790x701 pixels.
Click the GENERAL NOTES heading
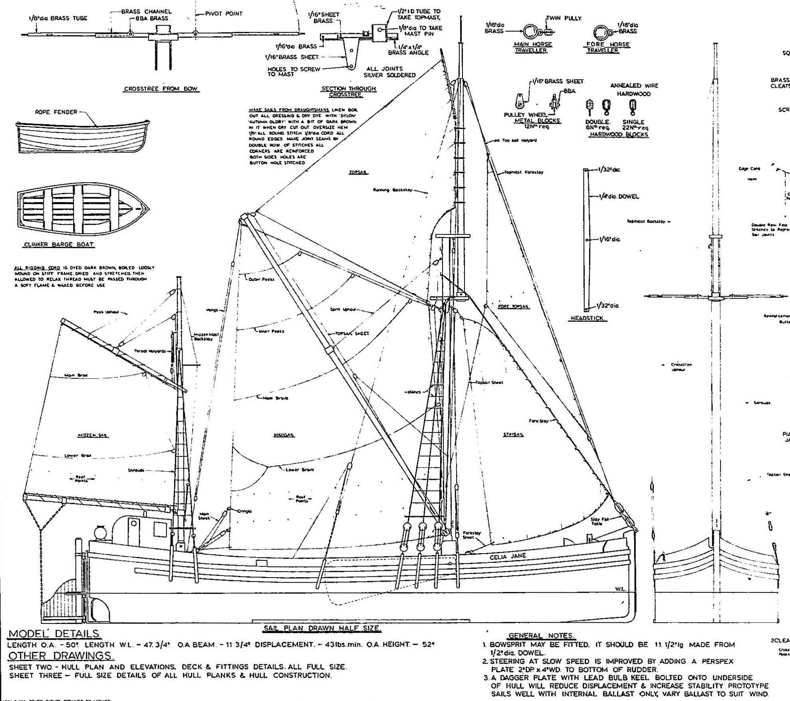pos(541,636)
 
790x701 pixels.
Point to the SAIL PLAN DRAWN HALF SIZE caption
pos(322,628)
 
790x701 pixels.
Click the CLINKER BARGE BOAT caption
pos(60,245)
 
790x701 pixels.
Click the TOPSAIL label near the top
pos(358,173)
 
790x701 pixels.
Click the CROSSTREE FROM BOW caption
pos(161,89)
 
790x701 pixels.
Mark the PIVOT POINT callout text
pos(224,14)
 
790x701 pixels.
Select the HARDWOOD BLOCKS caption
pos(619,135)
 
